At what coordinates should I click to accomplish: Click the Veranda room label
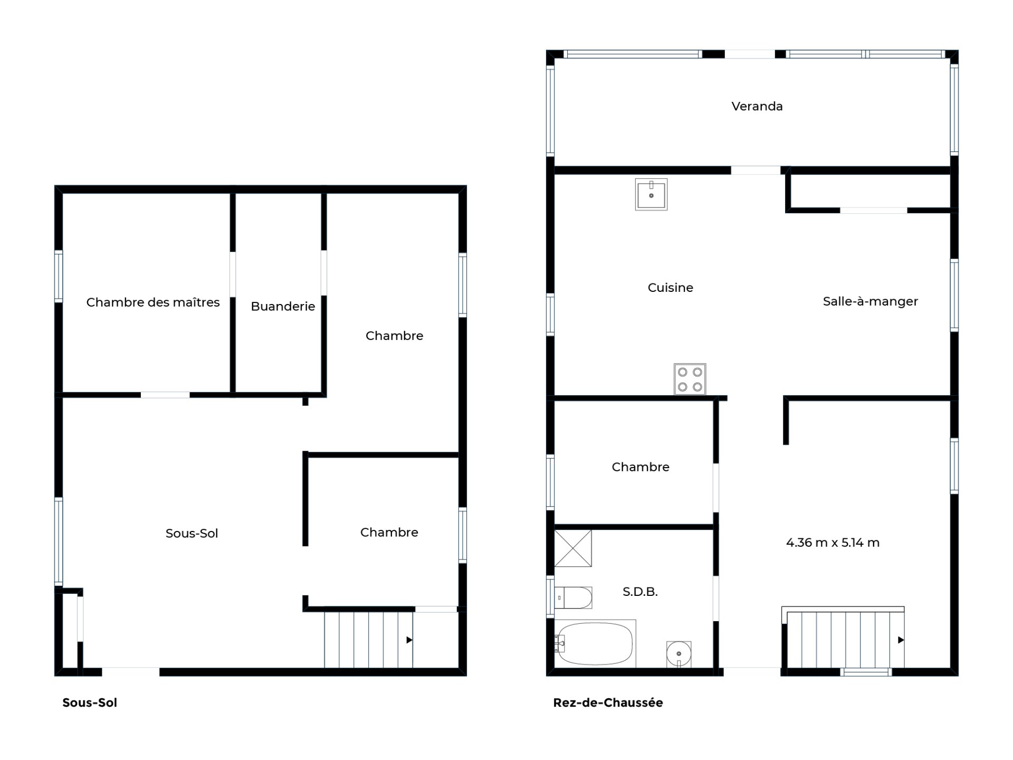point(757,106)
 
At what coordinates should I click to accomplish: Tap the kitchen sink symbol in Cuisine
point(651,194)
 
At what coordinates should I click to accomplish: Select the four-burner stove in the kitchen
point(690,379)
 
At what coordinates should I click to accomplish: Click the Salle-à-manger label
point(870,301)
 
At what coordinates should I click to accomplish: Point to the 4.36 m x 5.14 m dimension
point(833,543)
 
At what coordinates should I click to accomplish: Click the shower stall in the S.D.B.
point(573,548)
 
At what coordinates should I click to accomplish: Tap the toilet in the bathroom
point(573,598)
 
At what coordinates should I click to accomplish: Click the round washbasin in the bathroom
point(678,654)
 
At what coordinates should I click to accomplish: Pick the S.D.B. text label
point(640,592)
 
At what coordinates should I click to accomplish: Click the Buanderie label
point(283,306)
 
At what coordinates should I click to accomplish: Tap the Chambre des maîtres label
point(153,302)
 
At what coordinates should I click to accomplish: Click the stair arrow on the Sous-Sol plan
point(409,640)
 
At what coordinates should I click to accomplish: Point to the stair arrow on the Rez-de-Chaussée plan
point(901,640)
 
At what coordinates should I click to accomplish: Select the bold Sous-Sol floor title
point(90,702)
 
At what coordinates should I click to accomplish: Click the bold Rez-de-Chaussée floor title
point(608,702)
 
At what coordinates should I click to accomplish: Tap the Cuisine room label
point(670,288)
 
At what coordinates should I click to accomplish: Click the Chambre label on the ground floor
point(641,467)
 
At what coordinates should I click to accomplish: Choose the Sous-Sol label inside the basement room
point(192,533)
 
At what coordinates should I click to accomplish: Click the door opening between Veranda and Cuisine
point(755,170)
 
